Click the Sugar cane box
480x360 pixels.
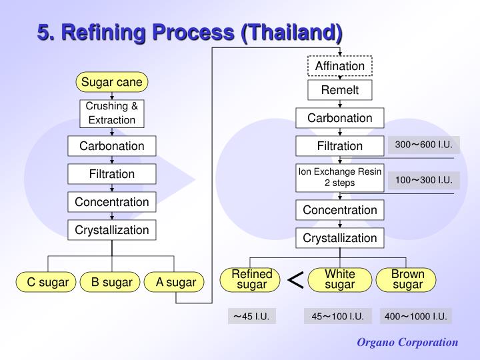pyautogui.click(x=112, y=82)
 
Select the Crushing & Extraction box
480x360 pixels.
pyautogui.click(x=112, y=113)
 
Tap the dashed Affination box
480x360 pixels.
pyautogui.click(x=340, y=66)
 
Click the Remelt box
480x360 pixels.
pyautogui.click(x=340, y=90)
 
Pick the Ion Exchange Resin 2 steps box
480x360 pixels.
pyautogui.click(x=340, y=177)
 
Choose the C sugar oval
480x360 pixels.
pyautogui.click(x=48, y=282)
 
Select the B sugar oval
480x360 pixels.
pyautogui.click(x=112, y=282)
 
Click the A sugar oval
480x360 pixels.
pyautogui.click(x=175, y=282)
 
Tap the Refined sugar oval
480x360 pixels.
pyautogui.click(x=252, y=279)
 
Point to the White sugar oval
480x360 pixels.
pyautogui.click(x=340, y=279)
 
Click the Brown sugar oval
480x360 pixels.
pyautogui.click(x=407, y=279)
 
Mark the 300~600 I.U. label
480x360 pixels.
pyautogui.click(x=423, y=145)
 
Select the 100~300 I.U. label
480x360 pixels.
pyautogui.click(x=423, y=179)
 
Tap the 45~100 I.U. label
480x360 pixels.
pyautogui.click(x=337, y=316)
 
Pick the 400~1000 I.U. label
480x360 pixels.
pyautogui.click(x=416, y=316)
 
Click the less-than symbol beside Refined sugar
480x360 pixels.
pyautogui.click(x=295, y=281)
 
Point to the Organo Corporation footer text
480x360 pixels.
pyautogui.click(x=407, y=342)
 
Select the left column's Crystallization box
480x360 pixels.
pyautogui.click(x=112, y=230)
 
